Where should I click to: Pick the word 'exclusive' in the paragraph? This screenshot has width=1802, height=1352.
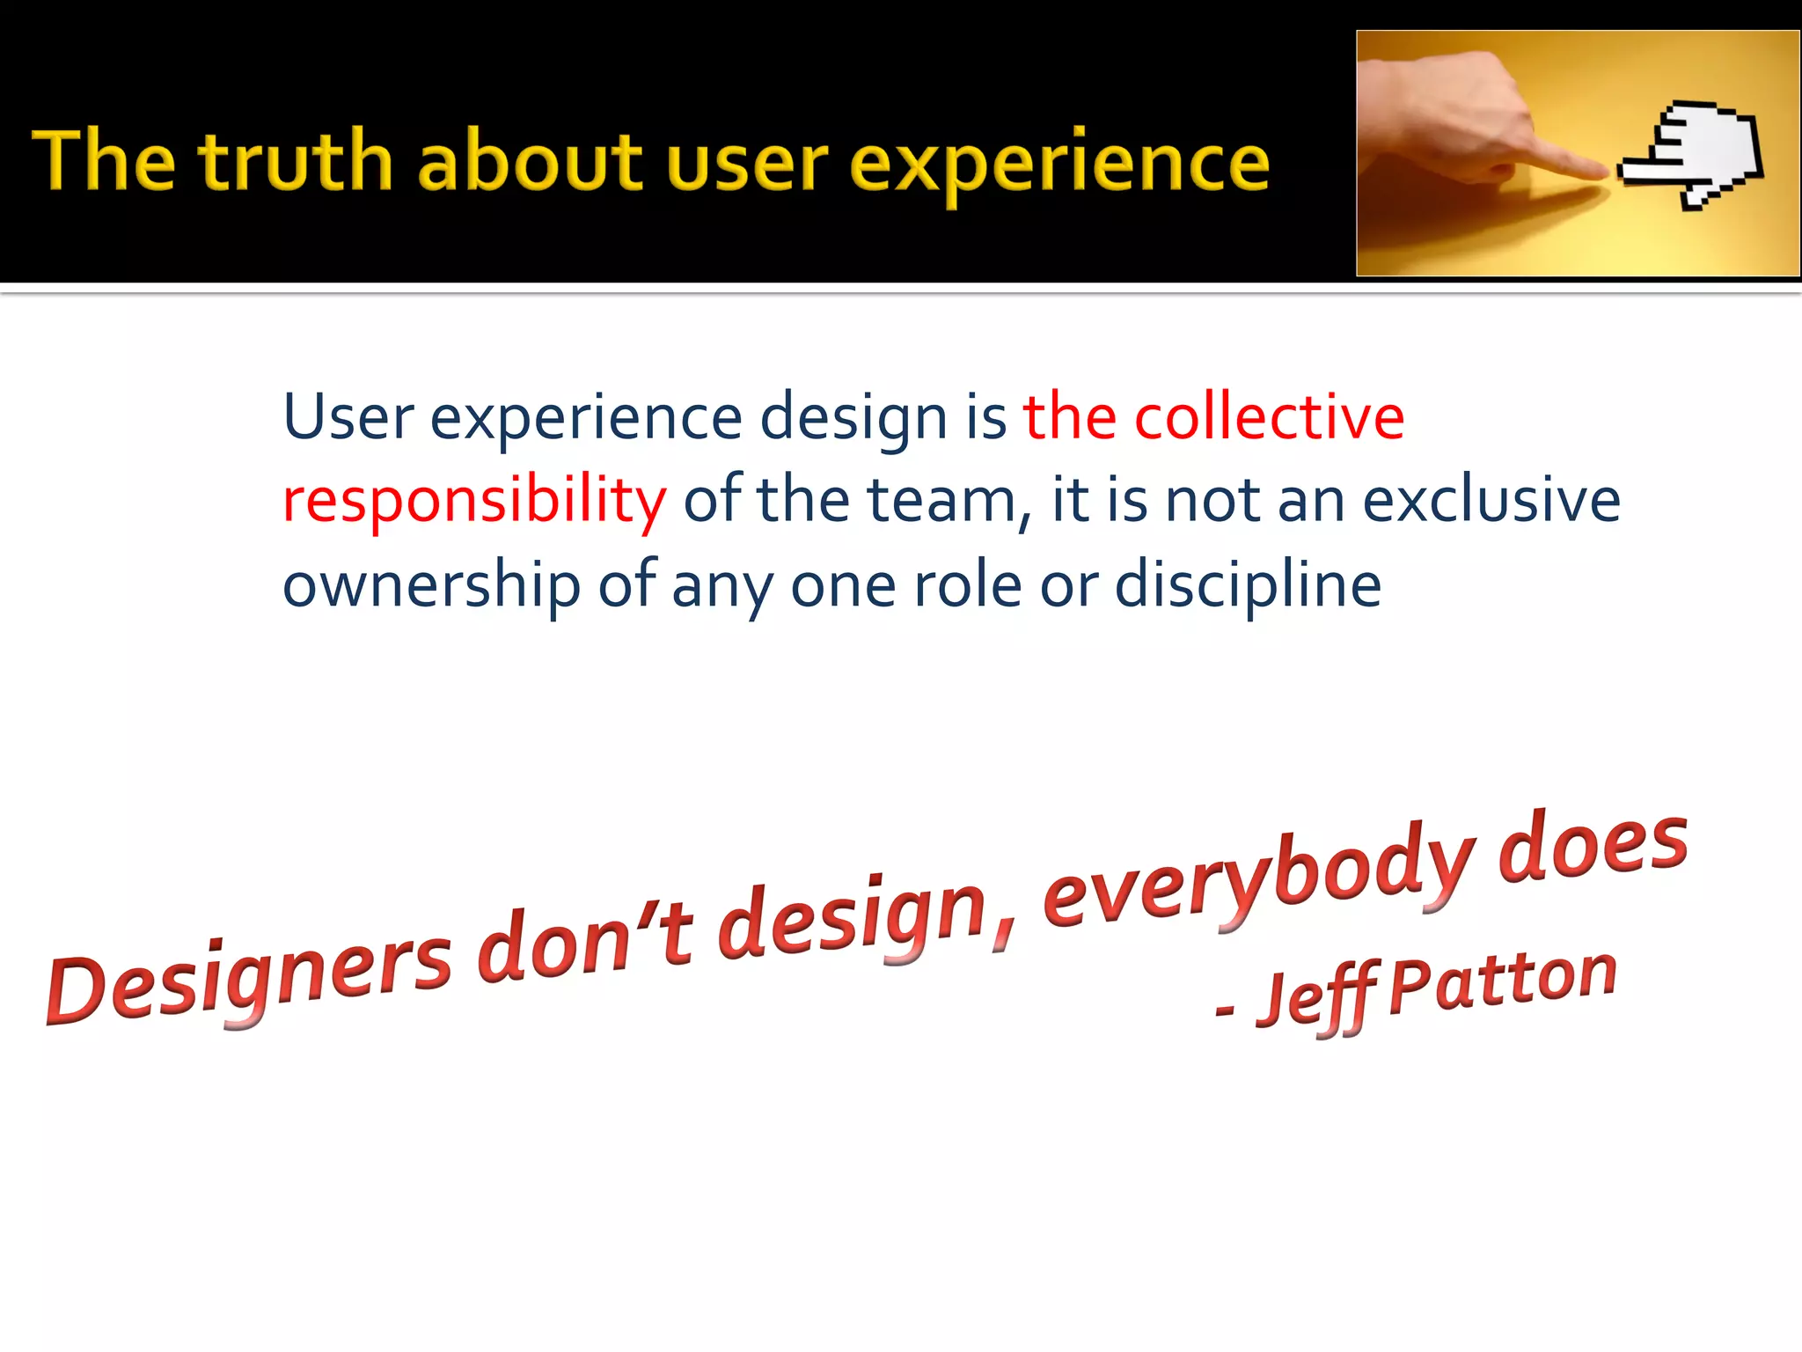(x=1491, y=500)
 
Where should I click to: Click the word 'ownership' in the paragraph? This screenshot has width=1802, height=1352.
(x=431, y=586)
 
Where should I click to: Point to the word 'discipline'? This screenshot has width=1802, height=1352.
(x=1248, y=586)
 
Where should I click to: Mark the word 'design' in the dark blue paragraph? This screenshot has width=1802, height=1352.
(x=853, y=418)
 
